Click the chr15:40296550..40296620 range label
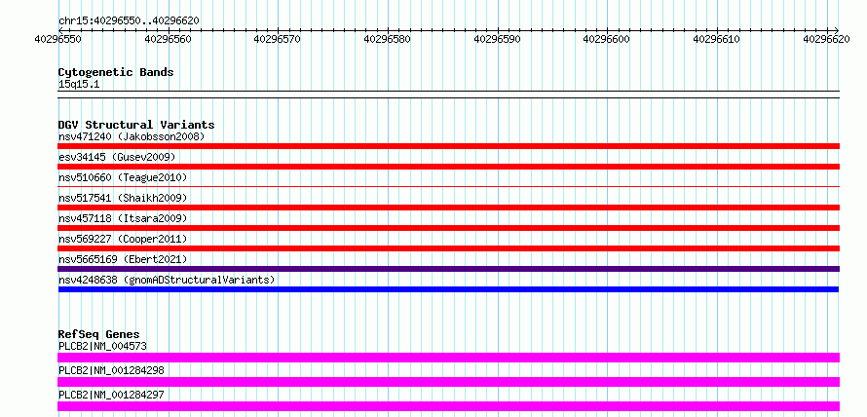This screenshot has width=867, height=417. tap(129, 20)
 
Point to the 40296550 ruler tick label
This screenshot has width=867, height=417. tap(58, 39)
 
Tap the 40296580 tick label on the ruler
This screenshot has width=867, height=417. tap(388, 39)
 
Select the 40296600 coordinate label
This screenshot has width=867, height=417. tap(607, 39)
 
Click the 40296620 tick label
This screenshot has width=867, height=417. tap(827, 39)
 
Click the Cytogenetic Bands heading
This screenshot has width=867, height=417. tap(116, 72)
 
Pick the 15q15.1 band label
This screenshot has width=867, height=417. tap(79, 85)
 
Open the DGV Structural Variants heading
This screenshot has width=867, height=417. tap(136, 125)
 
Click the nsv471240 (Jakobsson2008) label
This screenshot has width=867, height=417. tap(132, 136)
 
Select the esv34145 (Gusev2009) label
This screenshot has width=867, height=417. tap(117, 157)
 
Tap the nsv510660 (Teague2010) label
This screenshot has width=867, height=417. tap(123, 177)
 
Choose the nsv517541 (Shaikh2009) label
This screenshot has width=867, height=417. tap(123, 198)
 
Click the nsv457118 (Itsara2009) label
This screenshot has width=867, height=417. tap(123, 218)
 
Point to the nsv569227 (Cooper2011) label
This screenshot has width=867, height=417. tap(123, 239)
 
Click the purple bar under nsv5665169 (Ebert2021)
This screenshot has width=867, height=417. tap(448, 269)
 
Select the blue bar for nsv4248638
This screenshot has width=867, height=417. tap(448, 289)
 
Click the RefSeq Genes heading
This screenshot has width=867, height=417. tap(99, 334)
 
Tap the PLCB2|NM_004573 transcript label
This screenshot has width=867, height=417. tap(102, 346)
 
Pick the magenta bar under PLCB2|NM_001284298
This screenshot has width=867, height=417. tap(448, 382)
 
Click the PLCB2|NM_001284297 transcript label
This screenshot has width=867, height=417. tap(111, 395)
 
